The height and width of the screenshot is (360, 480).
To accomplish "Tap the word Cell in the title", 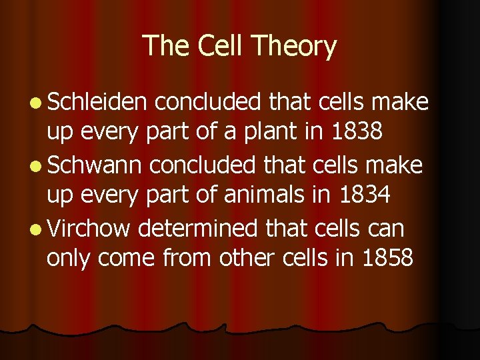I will coord(215,46).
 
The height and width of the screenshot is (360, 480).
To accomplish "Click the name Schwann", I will coord(93,165).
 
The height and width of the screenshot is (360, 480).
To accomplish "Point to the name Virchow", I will coord(89,228).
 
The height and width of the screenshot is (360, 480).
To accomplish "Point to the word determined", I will coord(197,229).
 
